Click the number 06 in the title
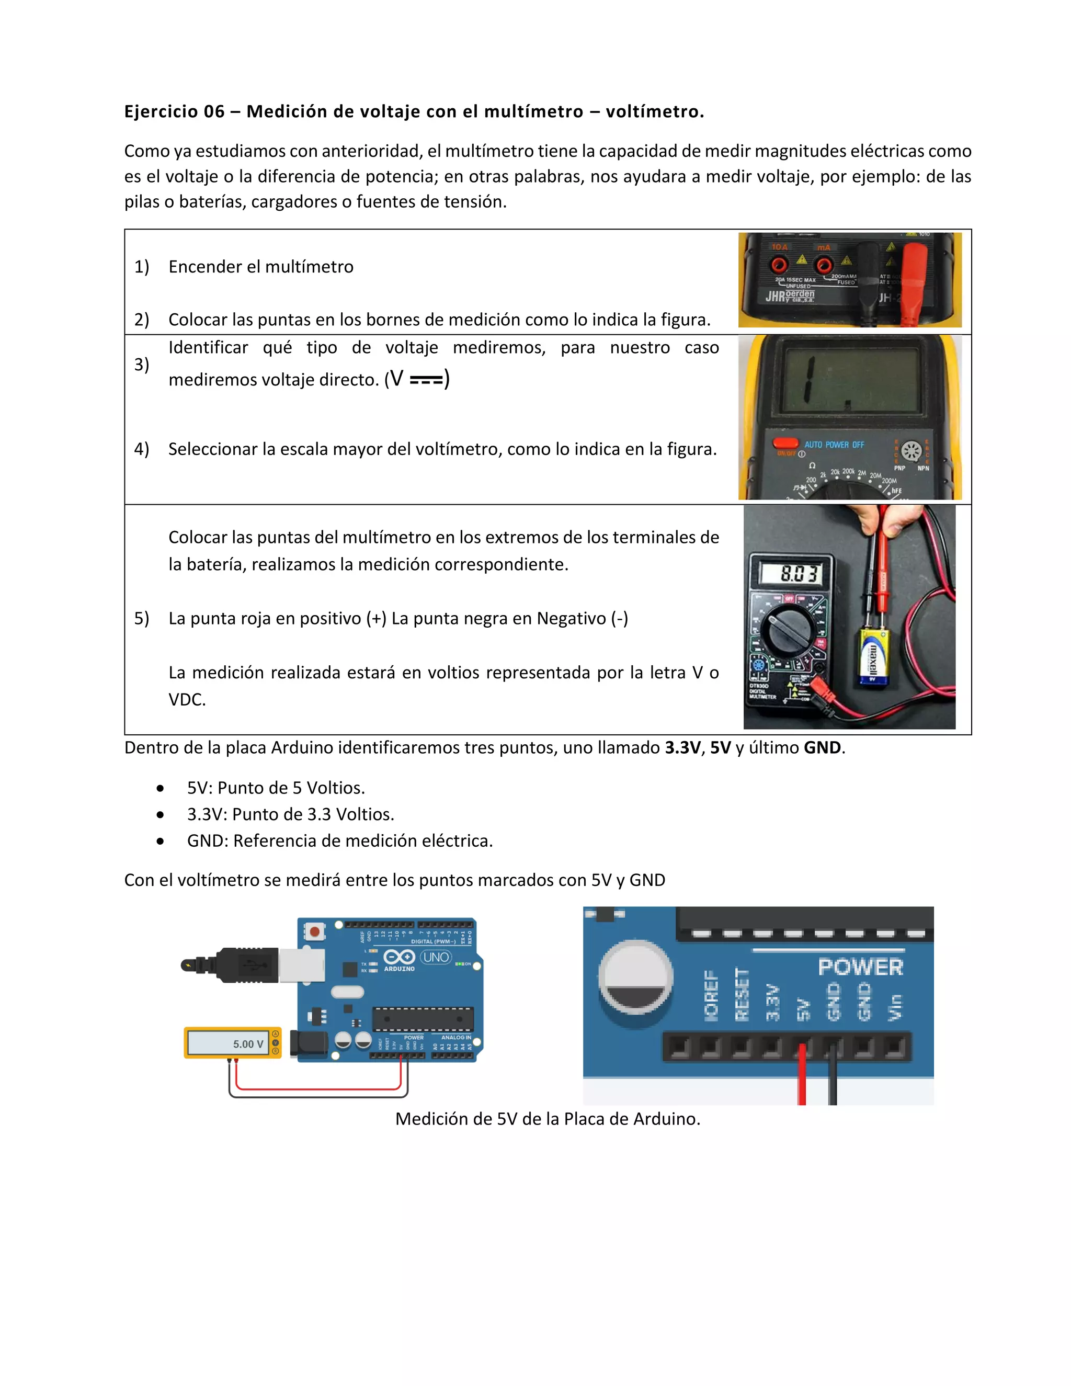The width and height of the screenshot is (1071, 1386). [214, 112]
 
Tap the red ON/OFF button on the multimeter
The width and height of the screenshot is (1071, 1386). [785, 443]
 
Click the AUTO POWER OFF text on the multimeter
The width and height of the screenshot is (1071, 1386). [834, 445]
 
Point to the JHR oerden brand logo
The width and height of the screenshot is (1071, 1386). [791, 296]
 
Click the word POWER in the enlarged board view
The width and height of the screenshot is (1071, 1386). [860, 967]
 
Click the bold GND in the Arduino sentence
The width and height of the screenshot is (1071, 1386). [822, 747]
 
